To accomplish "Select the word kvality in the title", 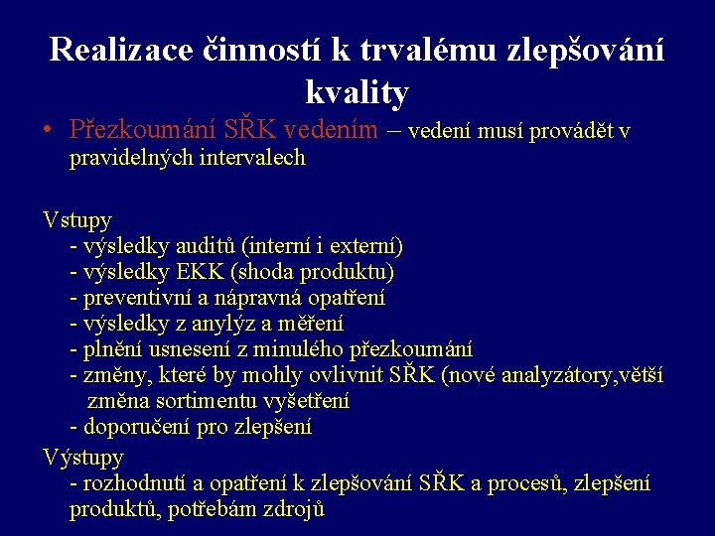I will tap(357, 92).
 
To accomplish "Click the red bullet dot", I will tap(48, 131).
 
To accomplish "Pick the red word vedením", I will tap(330, 130).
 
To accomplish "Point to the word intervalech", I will tap(252, 158).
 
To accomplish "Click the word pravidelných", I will tap(131, 158).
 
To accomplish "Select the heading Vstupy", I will tap(77, 219).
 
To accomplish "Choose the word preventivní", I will tap(139, 297).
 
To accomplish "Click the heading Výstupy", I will tap(83, 458).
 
